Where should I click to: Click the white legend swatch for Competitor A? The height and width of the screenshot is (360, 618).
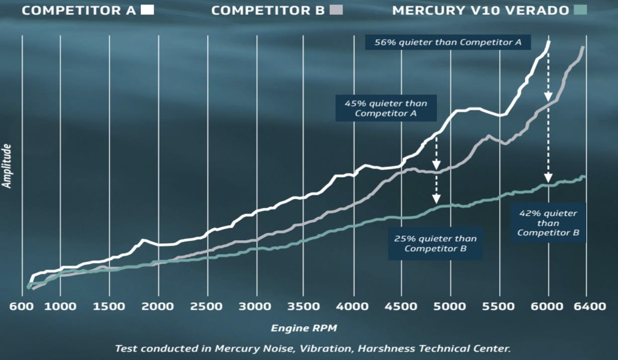pyautogui.click(x=147, y=10)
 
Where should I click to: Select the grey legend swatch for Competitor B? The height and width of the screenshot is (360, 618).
pyautogui.click(x=336, y=10)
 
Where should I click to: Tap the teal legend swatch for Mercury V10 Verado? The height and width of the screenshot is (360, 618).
pyautogui.click(x=580, y=10)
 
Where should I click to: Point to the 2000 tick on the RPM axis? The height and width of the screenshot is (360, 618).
pyautogui.click(x=158, y=306)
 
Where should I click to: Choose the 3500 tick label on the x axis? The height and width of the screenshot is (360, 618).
pyautogui.click(x=305, y=306)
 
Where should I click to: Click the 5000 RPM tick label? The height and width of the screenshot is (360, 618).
pyautogui.click(x=450, y=306)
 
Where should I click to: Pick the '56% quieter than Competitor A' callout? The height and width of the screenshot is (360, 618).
pyautogui.click(x=448, y=42)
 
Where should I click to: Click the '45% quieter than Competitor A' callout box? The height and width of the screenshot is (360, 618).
pyautogui.click(x=386, y=108)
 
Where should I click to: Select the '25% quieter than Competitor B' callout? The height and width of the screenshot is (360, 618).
pyautogui.click(x=435, y=244)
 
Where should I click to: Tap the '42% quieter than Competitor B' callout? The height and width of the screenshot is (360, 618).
pyautogui.click(x=548, y=223)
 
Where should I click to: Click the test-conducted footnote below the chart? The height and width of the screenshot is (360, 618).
pyautogui.click(x=313, y=348)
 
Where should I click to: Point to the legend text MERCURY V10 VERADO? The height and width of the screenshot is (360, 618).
pyautogui.click(x=480, y=10)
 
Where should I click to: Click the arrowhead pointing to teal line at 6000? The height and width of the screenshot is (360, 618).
pyautogui.click(x=548, y=178)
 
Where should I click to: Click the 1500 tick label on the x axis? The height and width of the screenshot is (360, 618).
pyautogui.click(x=109, y=306)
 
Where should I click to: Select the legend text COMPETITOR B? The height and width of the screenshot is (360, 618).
pyautogui.click(x=267, y=10)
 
